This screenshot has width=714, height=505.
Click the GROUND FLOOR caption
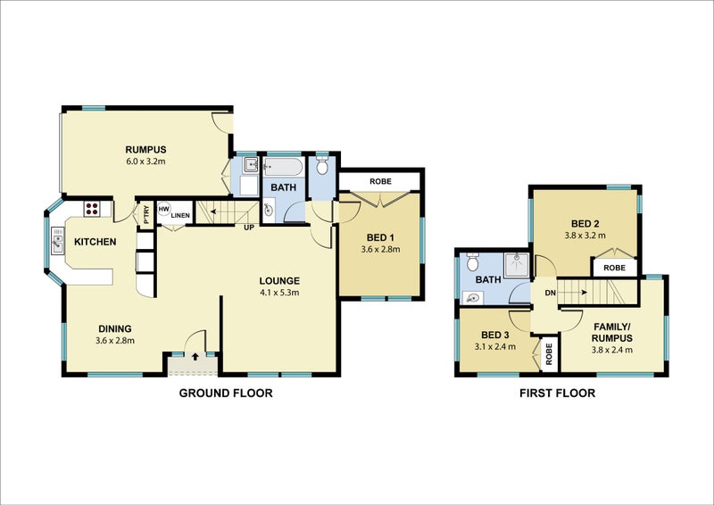coord(226,393)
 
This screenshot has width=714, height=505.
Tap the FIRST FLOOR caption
coord(557,393)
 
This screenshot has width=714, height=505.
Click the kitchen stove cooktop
coord(92,209)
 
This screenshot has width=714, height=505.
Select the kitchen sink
coord(58,240)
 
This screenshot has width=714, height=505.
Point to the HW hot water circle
coord(164,209)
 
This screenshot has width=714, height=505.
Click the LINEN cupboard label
coord(180,215)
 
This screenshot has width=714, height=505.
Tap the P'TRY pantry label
coord(146,215)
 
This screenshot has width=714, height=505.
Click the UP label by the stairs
coord(249,228)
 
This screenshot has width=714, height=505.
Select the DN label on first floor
coord(550,293)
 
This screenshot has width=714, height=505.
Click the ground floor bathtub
coord(283,168)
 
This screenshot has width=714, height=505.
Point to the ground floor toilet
coord(322,165)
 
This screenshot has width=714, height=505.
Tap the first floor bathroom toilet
coord(472,261)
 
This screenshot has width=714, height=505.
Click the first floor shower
coord(517,266)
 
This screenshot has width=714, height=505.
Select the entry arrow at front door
coord(195,356)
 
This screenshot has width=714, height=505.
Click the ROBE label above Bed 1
coord(380,181)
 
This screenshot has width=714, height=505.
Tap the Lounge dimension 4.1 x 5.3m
coord(279,293)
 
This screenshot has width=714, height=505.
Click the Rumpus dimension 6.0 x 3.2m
coord(145,161)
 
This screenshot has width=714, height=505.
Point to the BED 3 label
coord(495,335)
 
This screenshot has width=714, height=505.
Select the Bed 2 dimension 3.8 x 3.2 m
coord(585,236)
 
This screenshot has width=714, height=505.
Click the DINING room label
coord(115,328)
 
